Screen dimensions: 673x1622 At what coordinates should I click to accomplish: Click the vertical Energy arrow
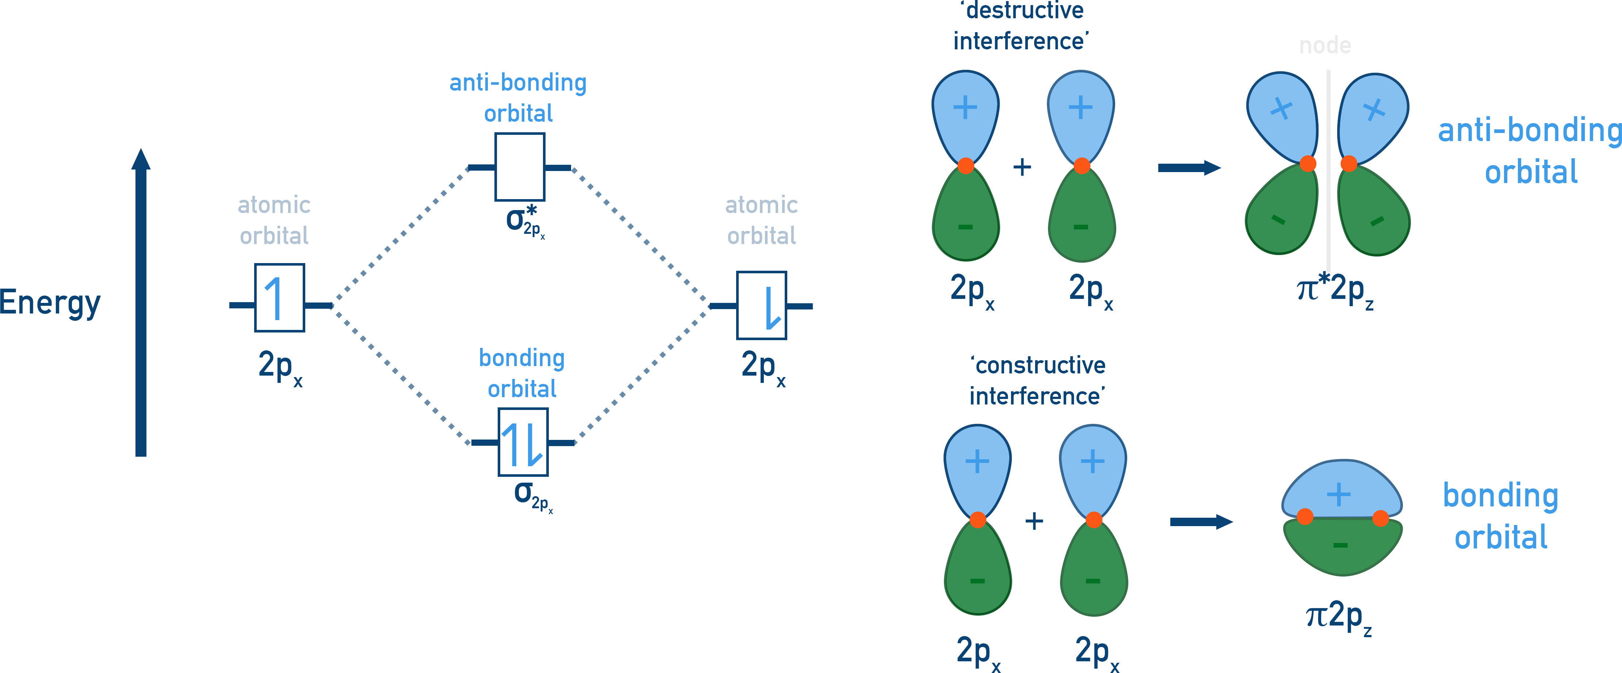[141, 303]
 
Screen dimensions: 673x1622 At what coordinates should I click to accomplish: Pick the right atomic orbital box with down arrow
[761, 305]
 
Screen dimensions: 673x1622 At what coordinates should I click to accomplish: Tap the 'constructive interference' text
[1037, 381]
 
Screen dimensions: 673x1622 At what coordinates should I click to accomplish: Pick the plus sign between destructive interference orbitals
[1022, 167]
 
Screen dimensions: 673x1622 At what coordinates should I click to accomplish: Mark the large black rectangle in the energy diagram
[422, 374]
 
